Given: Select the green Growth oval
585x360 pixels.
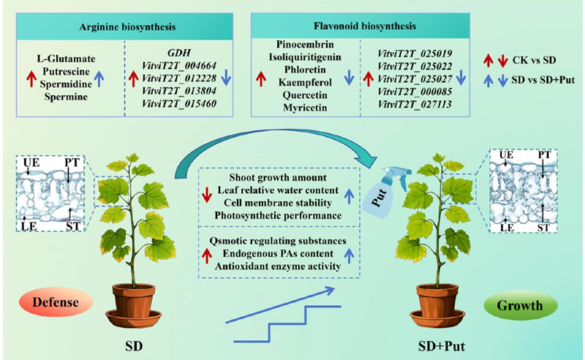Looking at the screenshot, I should pyautogui.click(x=516, y=301).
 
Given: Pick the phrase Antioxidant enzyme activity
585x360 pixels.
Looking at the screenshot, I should pyautogui.click(x=276, y=267).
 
